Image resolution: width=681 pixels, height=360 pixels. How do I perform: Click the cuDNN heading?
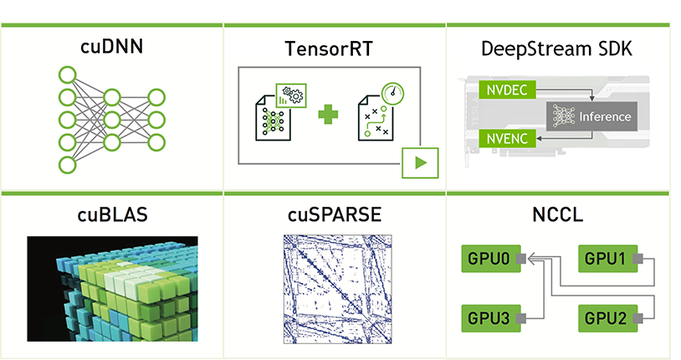point(111,47)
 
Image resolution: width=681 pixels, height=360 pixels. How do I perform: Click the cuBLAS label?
point(112,215)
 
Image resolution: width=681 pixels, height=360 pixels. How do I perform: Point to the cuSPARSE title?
point(335,215)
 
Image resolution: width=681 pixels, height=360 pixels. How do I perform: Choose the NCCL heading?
point(557,215)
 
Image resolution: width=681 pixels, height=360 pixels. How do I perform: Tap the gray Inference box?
point(590,116)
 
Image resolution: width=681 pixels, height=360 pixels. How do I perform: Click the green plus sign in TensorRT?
point(328,113)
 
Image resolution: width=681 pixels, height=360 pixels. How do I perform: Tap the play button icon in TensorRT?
point(420,161)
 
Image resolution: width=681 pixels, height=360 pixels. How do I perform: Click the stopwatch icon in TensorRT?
point(390,91)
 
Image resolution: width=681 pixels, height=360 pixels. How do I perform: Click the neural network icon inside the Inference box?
point(563,116)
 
